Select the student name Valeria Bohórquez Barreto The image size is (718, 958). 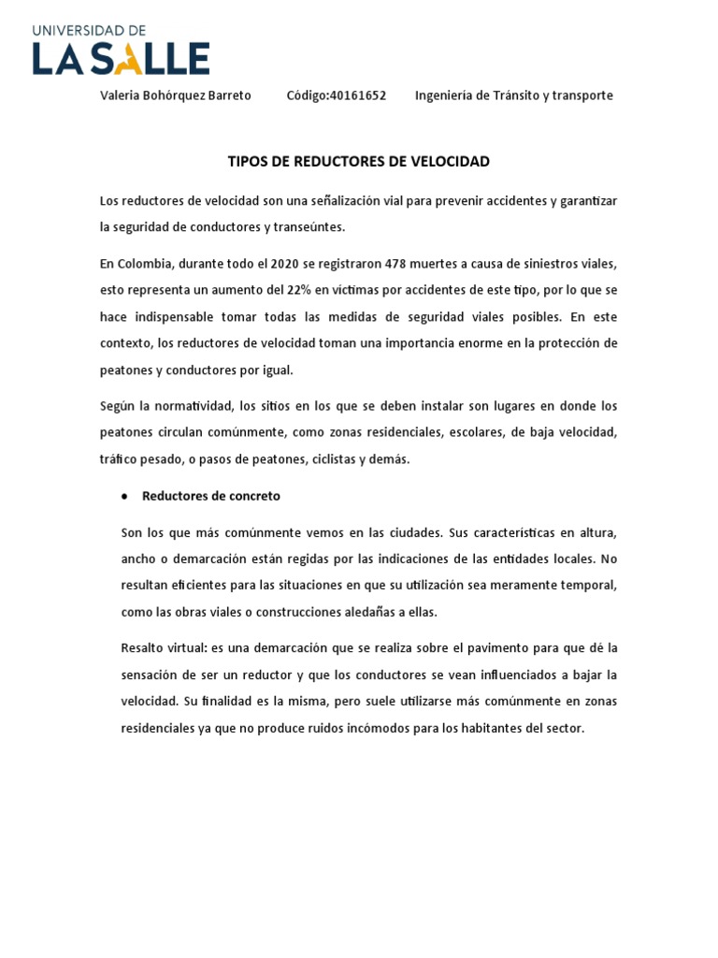[176, 95]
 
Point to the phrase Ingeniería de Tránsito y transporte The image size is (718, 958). [514, 95]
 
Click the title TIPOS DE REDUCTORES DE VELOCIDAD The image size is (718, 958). [359, 162]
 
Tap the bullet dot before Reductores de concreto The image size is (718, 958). [124, 497]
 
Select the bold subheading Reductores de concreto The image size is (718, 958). [211, 496]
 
